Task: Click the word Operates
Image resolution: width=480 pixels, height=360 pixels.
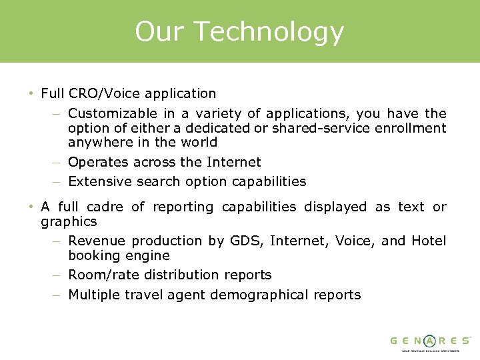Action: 97,162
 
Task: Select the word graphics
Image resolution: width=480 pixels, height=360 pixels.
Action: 69,221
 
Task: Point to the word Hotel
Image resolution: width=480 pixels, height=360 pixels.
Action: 429,241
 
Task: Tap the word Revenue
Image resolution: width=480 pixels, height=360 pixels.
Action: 97,241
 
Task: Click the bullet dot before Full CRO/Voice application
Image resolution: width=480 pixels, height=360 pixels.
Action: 31,94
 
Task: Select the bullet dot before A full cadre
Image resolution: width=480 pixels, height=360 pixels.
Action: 31,207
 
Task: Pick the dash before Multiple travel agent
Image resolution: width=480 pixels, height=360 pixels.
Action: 58,295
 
